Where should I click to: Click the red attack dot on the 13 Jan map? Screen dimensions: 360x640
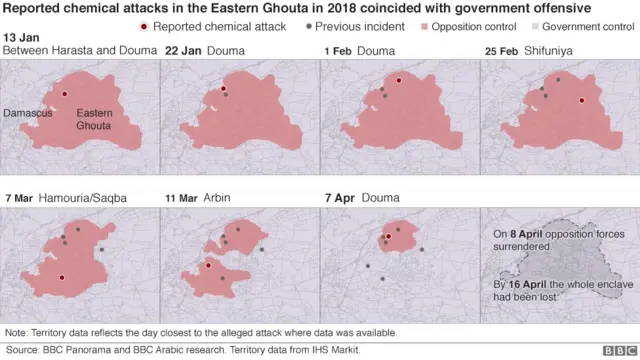tap(65, 93)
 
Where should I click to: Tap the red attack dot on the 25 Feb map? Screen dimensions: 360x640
tap(581, 100)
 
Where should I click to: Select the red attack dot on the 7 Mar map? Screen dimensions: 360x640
tap(62, 278)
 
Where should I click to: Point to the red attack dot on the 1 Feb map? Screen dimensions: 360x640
tap(398, 79)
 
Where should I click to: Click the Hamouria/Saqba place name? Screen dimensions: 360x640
tap(83, 198)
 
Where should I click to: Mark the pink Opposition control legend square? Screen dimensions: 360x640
tap(425, 26)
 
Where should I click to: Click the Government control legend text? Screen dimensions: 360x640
tap(588, 26)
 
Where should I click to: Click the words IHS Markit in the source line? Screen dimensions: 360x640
tap(332, 350)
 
